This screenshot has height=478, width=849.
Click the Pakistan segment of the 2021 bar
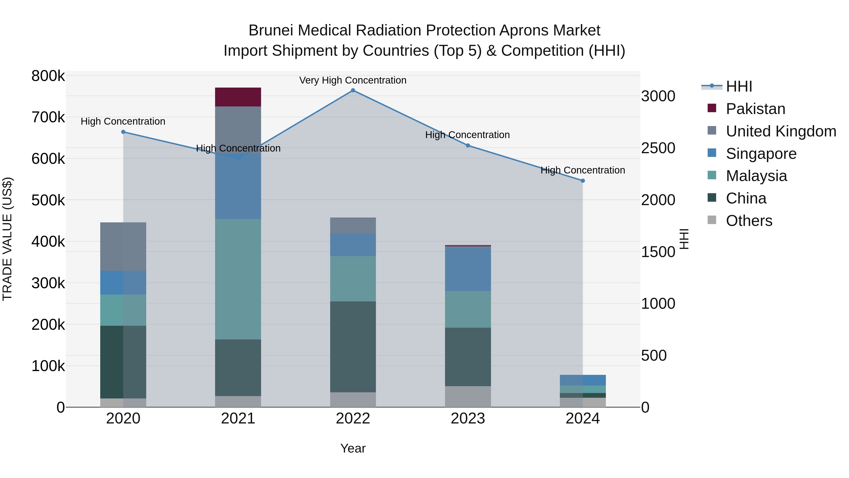click(238, 97)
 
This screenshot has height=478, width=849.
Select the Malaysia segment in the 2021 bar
click(238, 279)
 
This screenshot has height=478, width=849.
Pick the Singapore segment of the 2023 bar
click(468, 269)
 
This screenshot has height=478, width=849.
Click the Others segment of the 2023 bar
click(468, 397)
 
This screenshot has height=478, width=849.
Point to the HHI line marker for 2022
click(353, 90)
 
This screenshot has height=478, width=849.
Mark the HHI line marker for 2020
click(123, 132)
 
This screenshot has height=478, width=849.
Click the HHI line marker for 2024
click(583, 181)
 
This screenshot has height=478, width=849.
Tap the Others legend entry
click(749, 221)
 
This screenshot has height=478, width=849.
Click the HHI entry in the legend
click(739, 86)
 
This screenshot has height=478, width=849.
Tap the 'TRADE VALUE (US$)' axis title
click(7, 239)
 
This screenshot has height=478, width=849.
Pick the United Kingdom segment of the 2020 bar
click(123, 246)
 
